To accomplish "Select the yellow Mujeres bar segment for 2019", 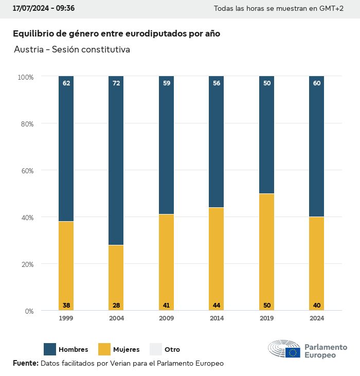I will tap(266, 252).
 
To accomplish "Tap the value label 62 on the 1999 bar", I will tap(66, 83).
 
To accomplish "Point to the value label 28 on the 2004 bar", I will tap(116, 306).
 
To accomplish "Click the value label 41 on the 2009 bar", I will tap(166, 306).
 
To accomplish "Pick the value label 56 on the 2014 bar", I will tap(217, 83).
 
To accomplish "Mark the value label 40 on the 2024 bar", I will tap(317, 306).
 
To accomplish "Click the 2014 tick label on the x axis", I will tap(217, 318).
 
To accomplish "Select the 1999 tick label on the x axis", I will tap(66, 318).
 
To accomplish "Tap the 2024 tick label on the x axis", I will tap(317, 318).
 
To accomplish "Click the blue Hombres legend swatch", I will tap(50, 349).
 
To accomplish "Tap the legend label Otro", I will tap(172, 350).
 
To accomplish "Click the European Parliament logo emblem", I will tap(284, 349).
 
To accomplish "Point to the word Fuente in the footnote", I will tap(25, 363).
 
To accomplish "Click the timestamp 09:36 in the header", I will tap(65, 9).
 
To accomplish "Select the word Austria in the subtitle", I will tap(28, 50).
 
